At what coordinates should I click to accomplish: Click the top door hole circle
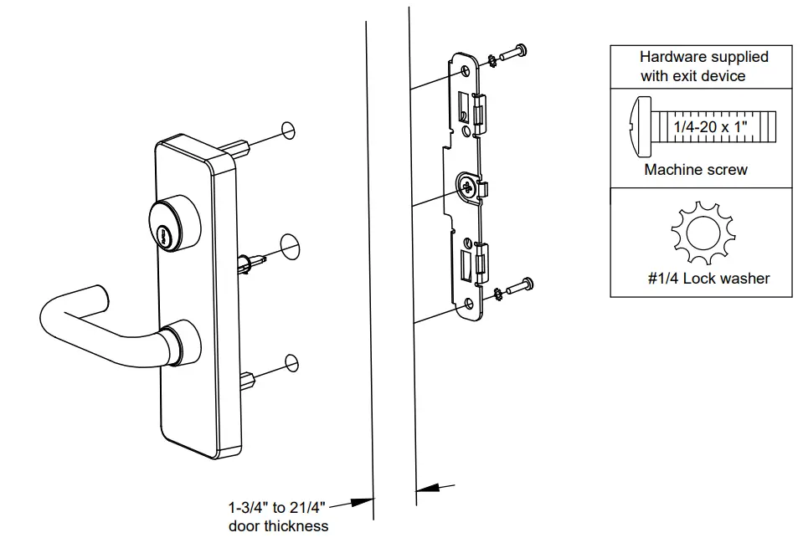(x=288, y=130)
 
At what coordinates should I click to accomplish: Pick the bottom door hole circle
(x=291, y=361)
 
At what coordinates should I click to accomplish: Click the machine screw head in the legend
(x=639, y=126)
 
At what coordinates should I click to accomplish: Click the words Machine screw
(x=696, y=170)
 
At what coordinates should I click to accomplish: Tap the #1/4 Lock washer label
(x=708, y=278)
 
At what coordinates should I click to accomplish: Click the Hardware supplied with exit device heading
(x=703, y=66)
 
